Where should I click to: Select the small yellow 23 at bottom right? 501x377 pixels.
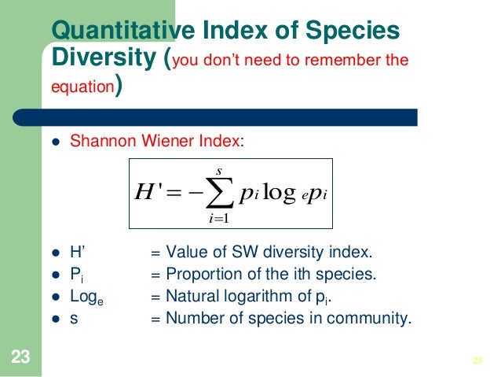[x=476, y=360]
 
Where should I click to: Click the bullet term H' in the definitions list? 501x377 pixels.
[x=78, y=253]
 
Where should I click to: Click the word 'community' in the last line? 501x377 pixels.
[x=375, y=319]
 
